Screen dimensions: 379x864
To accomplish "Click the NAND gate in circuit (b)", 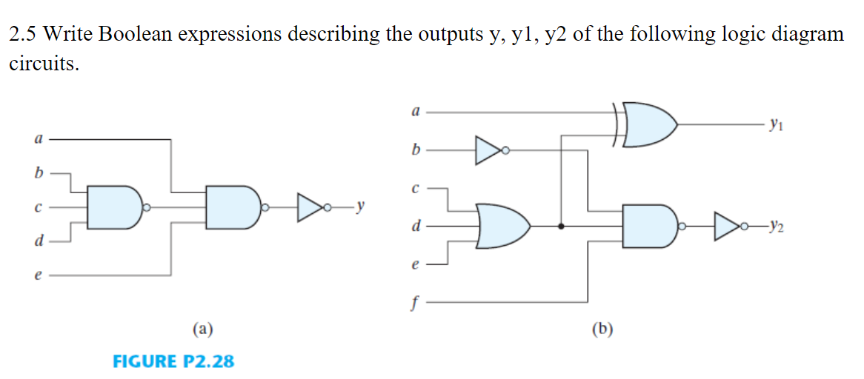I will (x=649, y=225).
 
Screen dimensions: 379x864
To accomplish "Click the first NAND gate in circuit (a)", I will (x=115, y=207).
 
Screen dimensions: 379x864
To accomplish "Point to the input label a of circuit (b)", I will (x=415, y=112).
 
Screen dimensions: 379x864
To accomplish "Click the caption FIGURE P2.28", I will (x=173, y=361).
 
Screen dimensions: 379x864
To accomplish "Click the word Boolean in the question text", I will (x=136, y=34).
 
